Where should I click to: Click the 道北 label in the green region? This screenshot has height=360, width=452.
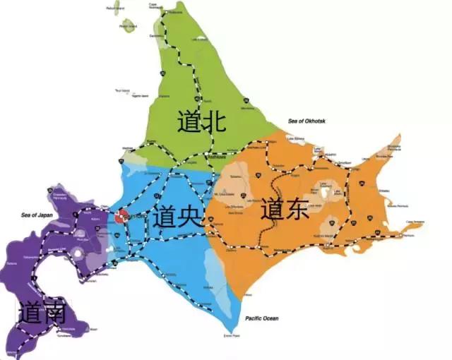point(201,122)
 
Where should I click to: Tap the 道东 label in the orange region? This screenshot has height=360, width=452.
point(285,210)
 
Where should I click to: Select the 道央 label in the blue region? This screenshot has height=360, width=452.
point(176,217)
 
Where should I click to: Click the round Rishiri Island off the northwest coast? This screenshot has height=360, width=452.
point(128,26)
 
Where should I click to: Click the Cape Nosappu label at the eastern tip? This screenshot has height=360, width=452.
point(415,222)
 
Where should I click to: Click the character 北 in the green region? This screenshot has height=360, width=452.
point(213,122)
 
